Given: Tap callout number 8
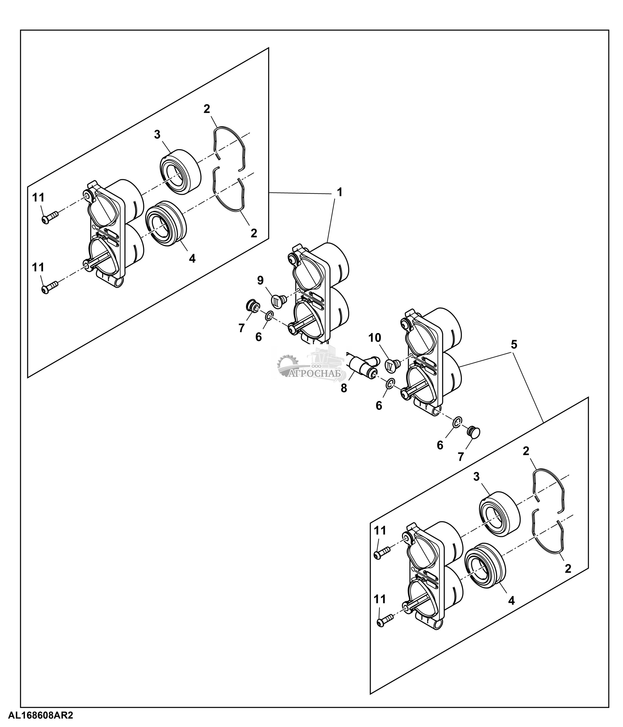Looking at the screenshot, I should pyautogui.click(x=344, y=388).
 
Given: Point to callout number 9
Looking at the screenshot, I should pyautogui.click(x=260, y=280).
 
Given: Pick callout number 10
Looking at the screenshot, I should pyautogui.click(x=375, y=338).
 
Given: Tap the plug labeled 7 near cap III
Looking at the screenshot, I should pyautogui.click(x=252, y=306).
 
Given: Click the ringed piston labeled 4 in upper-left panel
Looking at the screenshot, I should pyautogui.click(x=165, y=223).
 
